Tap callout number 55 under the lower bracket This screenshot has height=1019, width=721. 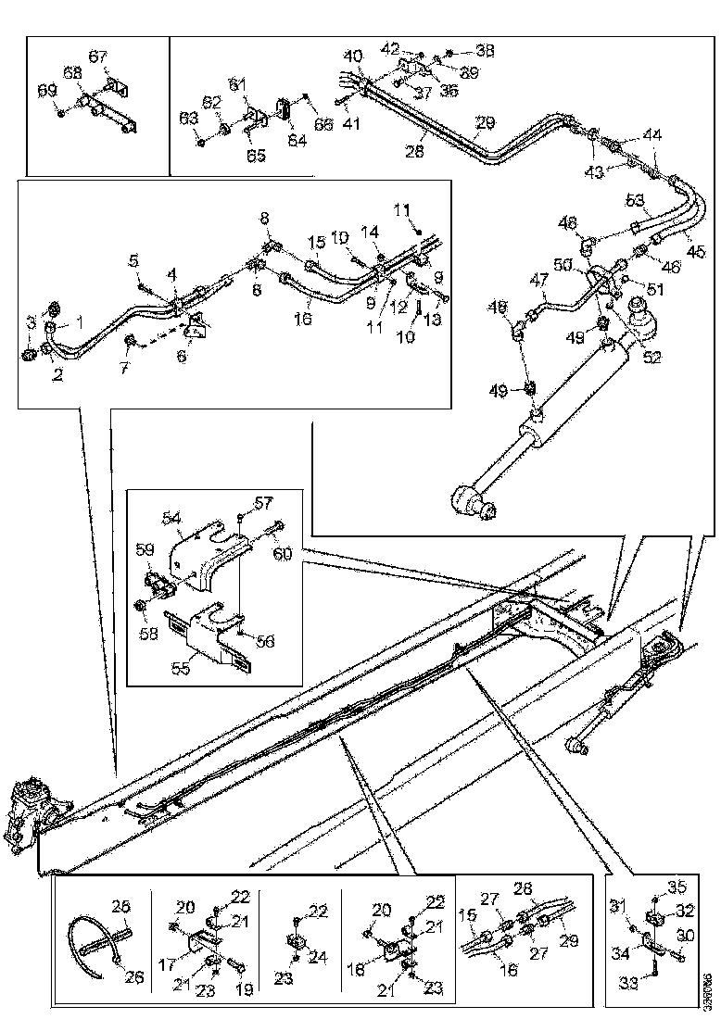(182, 665)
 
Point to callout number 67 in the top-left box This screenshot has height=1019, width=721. (97, 57)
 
